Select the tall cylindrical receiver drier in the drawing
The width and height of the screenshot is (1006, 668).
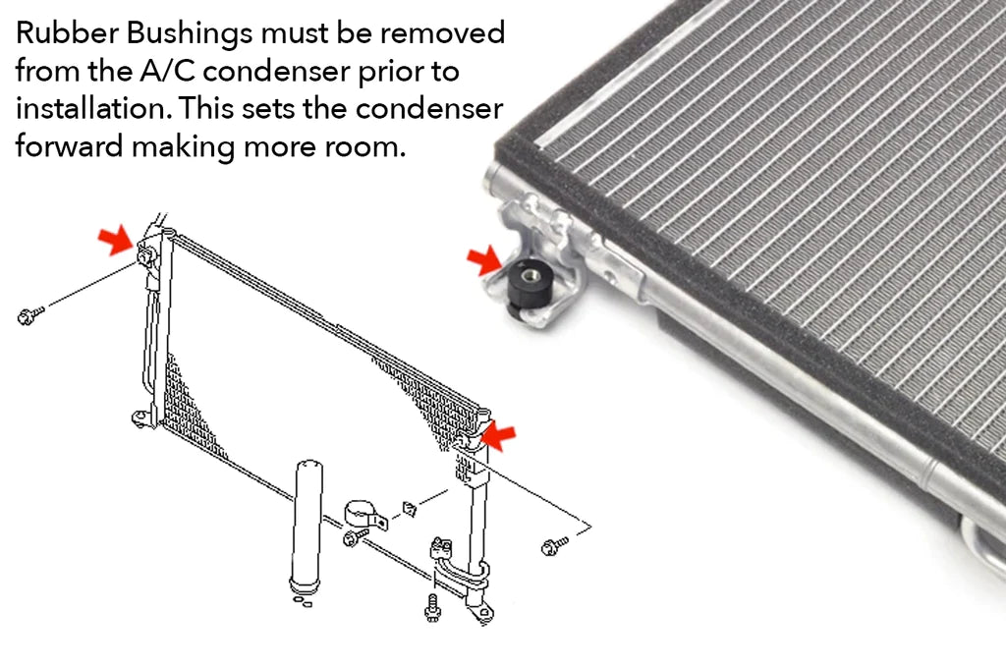[x=307, y=526]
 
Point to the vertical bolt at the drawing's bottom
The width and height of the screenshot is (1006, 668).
[x=432, y=605]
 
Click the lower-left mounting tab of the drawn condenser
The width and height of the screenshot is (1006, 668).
[x=141, y=417]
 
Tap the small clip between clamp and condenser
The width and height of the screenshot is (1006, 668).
[x=409, y=508]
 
